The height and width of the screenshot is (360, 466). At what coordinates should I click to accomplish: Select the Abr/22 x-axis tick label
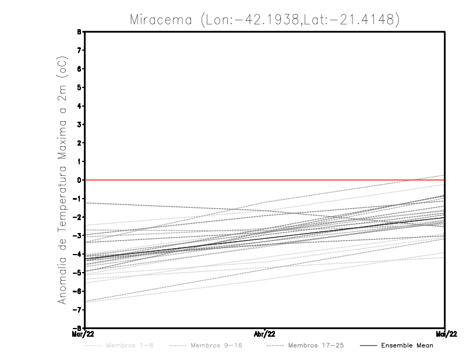265,333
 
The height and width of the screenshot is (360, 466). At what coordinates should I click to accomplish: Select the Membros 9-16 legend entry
216,345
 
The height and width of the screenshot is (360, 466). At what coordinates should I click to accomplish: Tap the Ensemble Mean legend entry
407,345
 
